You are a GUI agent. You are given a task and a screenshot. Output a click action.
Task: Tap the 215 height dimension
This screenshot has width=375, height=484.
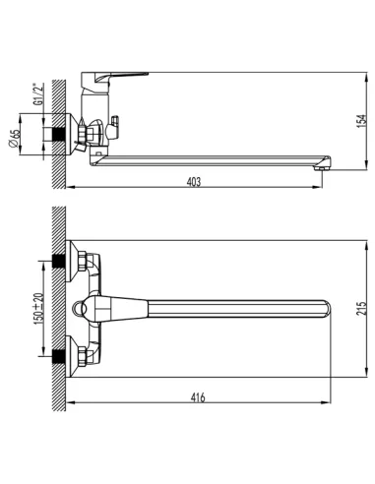[360, 309]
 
